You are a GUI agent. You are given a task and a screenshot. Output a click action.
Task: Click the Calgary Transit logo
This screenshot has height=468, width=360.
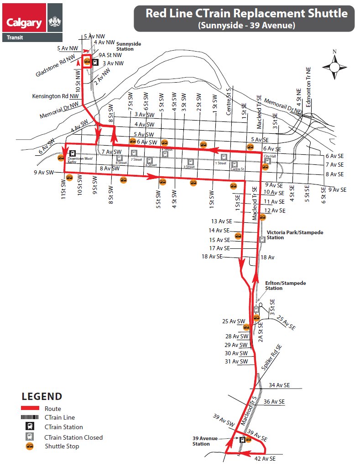32,22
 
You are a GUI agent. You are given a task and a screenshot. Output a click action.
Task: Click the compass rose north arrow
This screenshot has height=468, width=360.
334,67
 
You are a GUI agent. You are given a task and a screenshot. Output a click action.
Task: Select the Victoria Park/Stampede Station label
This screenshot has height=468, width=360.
295,235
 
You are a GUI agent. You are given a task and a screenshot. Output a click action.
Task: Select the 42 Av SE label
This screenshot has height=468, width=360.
265,458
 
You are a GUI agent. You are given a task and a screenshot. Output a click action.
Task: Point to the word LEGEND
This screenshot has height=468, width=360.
42,396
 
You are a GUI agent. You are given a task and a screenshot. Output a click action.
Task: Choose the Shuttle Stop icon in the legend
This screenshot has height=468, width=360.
30,446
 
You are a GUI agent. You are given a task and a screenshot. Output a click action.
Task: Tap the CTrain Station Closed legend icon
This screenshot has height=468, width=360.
30,437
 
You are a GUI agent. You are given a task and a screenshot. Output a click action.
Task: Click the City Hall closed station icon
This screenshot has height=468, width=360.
268,161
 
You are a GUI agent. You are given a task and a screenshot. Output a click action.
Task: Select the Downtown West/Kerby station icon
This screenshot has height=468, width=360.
72,153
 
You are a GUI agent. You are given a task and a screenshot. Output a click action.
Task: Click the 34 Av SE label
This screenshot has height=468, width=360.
279,385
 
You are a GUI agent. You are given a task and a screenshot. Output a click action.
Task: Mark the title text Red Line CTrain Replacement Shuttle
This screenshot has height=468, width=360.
246,13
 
